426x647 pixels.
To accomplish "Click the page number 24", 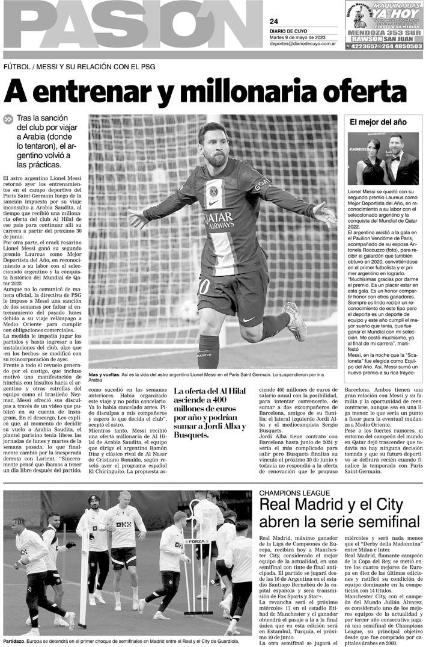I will tap(274, 21).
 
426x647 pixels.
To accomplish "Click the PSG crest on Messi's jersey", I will tap(214, 192).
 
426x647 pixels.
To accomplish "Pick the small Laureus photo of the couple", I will tap(383, 159).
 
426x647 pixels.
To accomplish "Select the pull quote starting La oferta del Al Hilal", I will tap(210, 409).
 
